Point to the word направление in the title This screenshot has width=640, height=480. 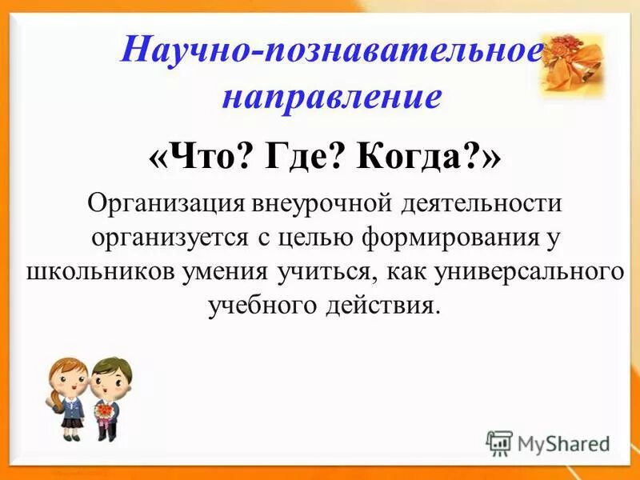[x=330, y=96]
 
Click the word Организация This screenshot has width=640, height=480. [x=164, y=203]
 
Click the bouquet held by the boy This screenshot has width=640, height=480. [x=104, y=410]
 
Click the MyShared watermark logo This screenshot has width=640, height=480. [x=549, y=442]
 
